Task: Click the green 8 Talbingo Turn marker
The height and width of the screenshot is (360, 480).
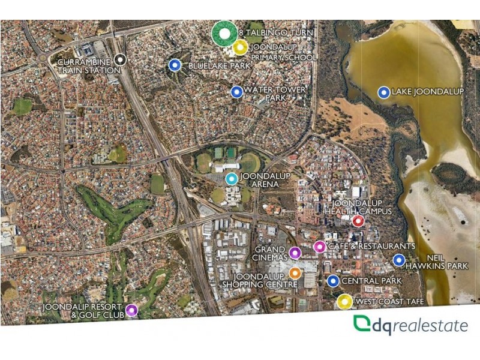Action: (224, 34)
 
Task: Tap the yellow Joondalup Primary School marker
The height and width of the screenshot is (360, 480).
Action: (240, 47)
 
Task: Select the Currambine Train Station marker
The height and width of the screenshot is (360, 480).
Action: (121, 59)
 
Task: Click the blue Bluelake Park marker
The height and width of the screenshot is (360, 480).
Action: (175, 65)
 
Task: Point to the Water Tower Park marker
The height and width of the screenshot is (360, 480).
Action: (236, 92)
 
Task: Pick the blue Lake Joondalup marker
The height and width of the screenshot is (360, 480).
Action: (383, 92)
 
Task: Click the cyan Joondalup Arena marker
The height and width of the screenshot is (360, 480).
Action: (232, 178)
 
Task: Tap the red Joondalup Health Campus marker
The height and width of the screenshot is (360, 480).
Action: (358, 221)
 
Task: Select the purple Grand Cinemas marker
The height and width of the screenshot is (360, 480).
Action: (295, 252)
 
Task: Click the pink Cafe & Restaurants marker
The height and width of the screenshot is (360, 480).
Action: (319, 247)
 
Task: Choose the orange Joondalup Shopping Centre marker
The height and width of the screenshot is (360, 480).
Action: (295, 273)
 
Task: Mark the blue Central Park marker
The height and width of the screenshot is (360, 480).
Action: (334, 280)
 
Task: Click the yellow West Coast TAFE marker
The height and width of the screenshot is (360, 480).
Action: (344, 302)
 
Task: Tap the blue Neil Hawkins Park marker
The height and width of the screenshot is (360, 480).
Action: (398, 260)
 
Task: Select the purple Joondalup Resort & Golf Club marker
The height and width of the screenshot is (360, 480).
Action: (131, 310)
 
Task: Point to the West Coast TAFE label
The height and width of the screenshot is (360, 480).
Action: (389, 302)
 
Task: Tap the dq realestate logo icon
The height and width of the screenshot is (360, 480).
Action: (362, 323)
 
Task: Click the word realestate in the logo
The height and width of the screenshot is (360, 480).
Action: (430, 326)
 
